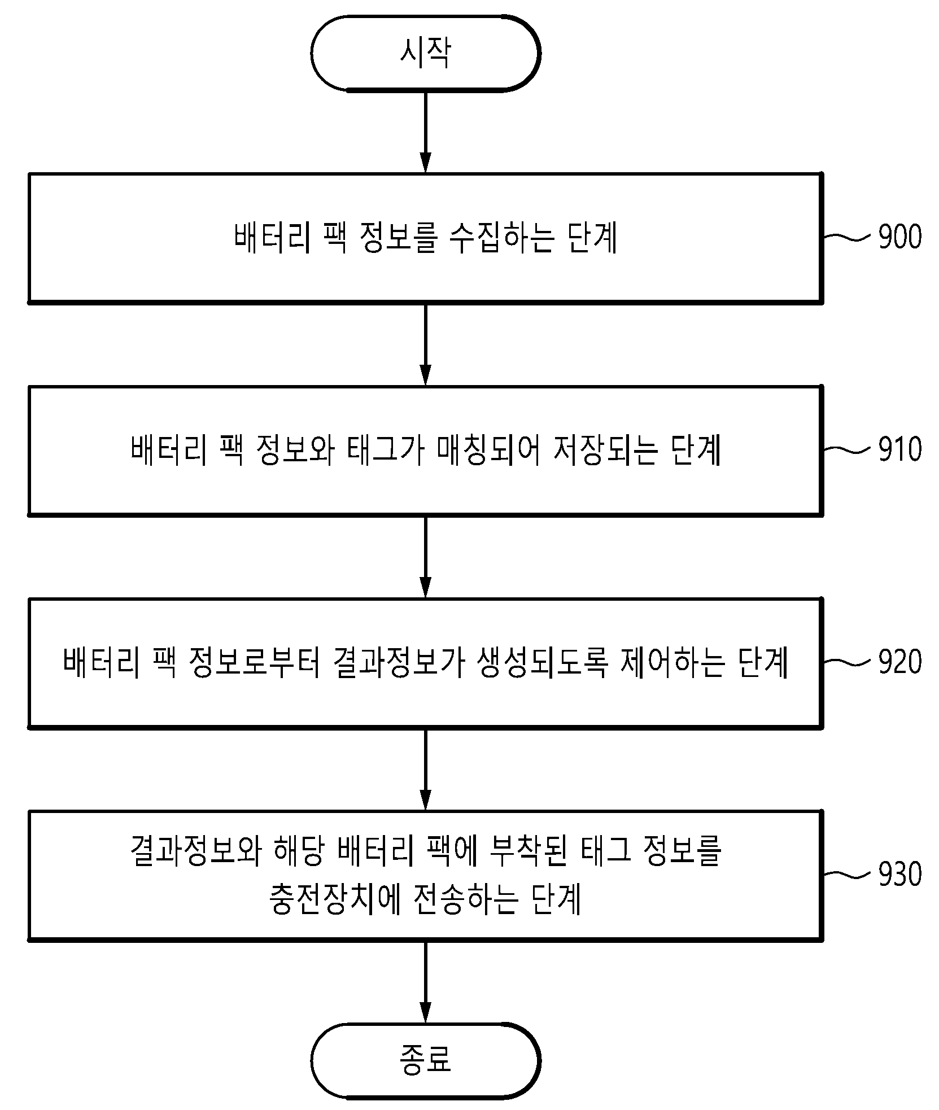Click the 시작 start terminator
426,53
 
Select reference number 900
900,237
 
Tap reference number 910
900,449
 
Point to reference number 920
900,662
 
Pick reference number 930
900,875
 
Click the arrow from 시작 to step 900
426,132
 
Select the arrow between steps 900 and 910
426,344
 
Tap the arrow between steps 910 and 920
426,557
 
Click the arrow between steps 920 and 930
426,770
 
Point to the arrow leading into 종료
426,982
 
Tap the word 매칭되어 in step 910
482,451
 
